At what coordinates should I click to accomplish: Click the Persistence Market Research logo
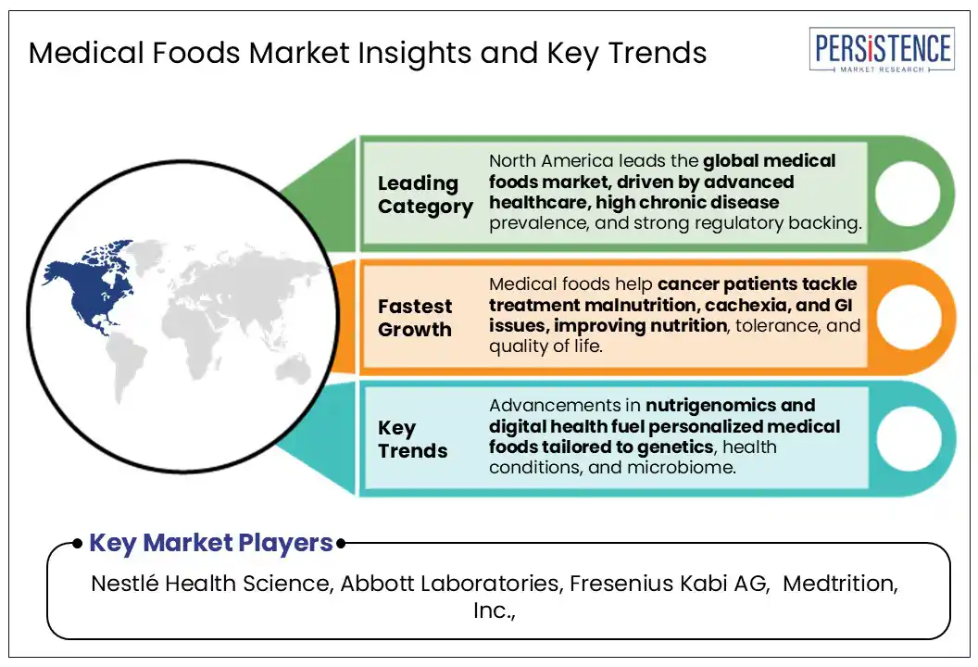pos(882,50)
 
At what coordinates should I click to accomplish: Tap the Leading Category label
pos(425,195)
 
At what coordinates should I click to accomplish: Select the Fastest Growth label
pos(415,318)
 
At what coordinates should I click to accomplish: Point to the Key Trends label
pos(412,439)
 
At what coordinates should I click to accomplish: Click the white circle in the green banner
pos(908,194)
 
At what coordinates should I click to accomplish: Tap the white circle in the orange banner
pos(908,317)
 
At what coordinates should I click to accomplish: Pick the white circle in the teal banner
pos(909,438)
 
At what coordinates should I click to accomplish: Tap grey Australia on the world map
pos(294,371)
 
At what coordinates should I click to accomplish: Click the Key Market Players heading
pos(211,544)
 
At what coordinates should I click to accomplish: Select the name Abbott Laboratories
pos(450,584)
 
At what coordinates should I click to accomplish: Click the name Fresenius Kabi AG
pos(669,584)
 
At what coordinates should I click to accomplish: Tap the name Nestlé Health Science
pos(209,584)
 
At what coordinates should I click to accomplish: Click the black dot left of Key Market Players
pos(77,544)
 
